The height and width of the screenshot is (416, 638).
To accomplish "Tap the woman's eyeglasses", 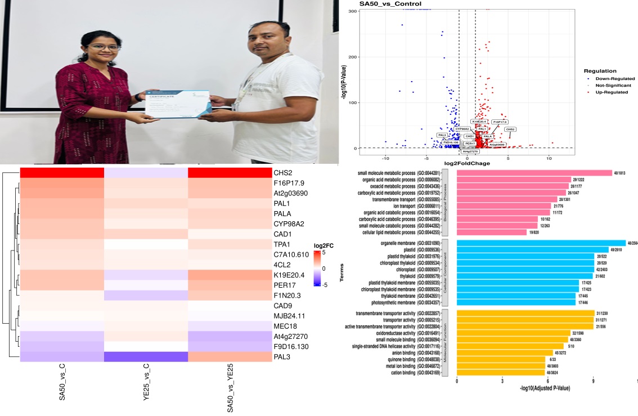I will tap(104, 47).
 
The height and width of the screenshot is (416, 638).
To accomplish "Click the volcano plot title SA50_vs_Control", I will tap(390, 5).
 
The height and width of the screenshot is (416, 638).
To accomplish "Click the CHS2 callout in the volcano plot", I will tap(510, 129).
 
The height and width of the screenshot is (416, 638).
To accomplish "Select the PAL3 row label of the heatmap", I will tap(284, 357).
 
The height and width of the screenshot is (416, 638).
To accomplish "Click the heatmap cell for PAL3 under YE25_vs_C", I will tap(146, 357).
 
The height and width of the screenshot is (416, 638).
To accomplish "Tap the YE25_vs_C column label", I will tap(146, 392).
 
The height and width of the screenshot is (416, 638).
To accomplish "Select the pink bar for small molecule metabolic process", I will tap(534, 173).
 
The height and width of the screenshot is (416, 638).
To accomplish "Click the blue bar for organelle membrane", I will tap(541, 243).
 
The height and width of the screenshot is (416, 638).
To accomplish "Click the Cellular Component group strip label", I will tap(445, 272).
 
